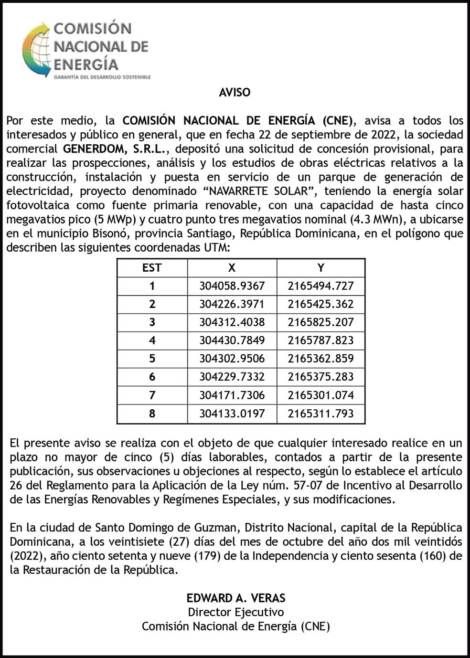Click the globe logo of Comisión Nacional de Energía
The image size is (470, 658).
(x=36, y=50)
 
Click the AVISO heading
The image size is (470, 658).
(x=235, y=92)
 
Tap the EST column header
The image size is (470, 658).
(x=152, y=268)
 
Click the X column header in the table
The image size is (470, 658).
(x=232, y=268)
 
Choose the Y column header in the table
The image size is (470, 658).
(x=320, y=268)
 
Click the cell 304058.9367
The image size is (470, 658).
(x=232, y=286)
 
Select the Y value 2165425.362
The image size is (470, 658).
(x=320, y=304)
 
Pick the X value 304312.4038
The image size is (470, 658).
(x=232, y=322)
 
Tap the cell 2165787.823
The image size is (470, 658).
(x=320, y=340)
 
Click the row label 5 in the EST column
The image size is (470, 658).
(x=152, y=359)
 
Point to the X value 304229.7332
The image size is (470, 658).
(x=232, y=377)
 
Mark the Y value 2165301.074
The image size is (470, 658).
(x=320, y=395)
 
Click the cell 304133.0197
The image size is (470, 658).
(x=232, y=413)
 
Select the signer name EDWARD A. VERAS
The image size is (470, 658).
(x=235, y=598)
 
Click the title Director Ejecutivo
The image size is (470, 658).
(x=235, y=612)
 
